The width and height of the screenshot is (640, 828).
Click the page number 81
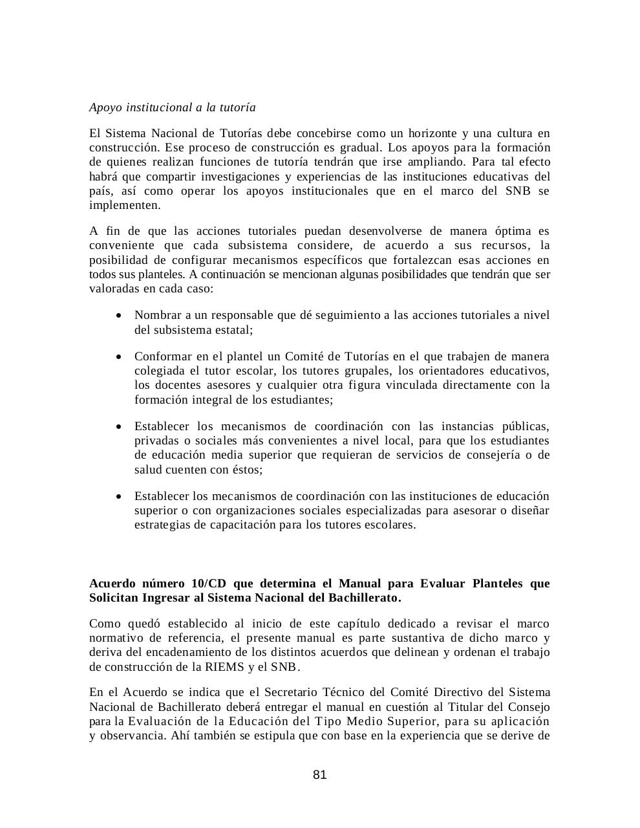pos(319,775)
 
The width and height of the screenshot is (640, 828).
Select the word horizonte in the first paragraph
pos(424,134)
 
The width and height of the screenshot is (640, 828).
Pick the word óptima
pos(513,231)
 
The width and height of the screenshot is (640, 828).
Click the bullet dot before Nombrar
pos(118,316)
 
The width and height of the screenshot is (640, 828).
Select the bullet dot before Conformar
pos(118,357)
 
